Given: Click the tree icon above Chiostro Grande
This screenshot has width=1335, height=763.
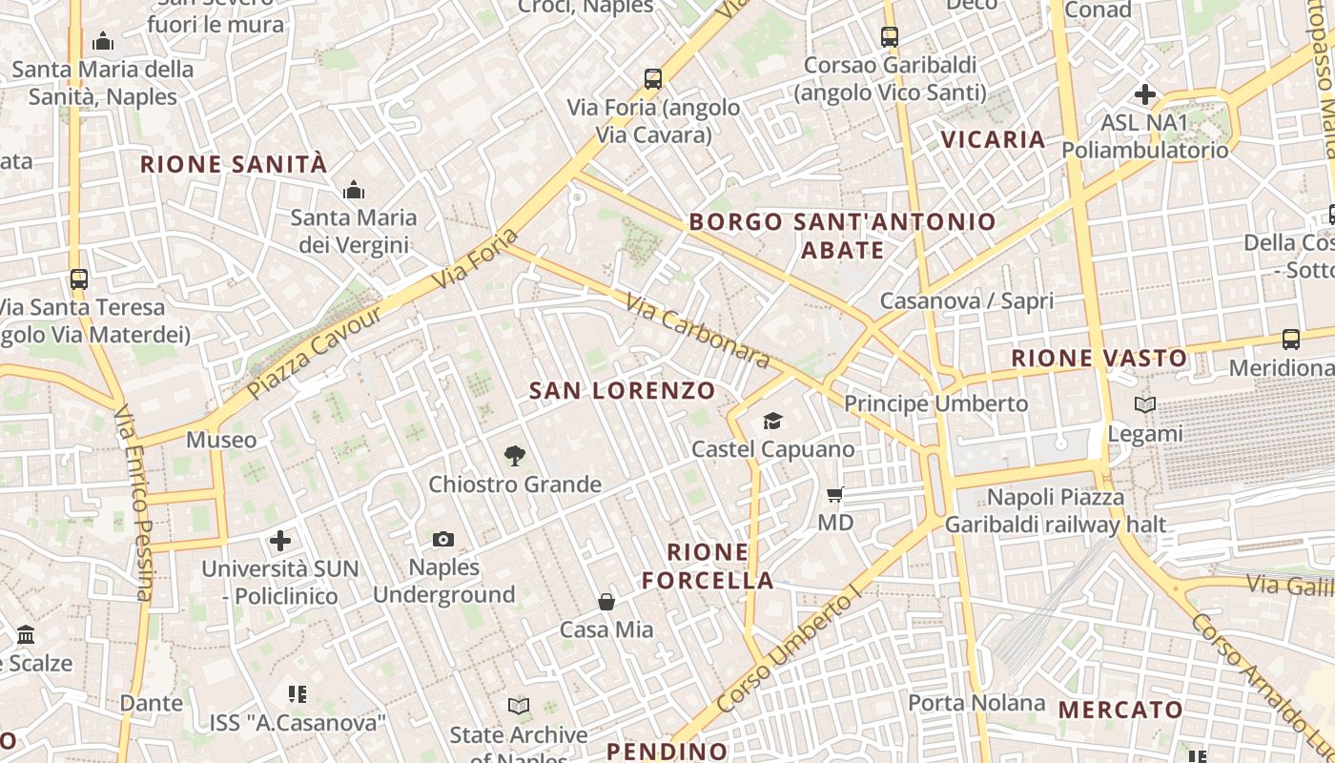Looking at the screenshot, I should click(515, 455).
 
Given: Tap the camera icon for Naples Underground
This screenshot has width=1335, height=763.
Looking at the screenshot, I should click(443, 540).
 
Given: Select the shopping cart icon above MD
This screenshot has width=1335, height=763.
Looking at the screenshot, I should click(835, 494).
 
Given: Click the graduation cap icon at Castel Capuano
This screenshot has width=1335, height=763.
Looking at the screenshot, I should click(772, 421).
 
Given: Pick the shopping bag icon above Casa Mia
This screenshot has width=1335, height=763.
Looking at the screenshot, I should click(606, 601).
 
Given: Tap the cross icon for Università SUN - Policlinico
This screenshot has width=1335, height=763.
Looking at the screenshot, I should click(280, 541).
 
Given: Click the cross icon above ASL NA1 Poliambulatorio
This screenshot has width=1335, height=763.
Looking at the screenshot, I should click(1145, 94).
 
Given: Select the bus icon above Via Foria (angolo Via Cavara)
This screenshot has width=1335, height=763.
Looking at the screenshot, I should click(653, 79).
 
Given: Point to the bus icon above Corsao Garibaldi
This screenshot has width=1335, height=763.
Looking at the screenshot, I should click(890, 37).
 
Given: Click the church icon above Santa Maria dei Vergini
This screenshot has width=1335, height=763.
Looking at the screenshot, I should click(354, 190).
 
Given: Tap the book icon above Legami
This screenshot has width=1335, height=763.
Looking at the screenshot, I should click(1145, 404).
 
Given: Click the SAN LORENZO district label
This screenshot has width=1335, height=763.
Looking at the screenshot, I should click(622, 390).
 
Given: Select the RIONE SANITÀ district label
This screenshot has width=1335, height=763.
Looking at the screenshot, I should click(234, 164).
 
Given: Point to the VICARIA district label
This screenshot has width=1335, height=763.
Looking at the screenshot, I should click(994, 139).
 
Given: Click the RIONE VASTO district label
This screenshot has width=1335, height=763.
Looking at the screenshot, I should click(1099, 359).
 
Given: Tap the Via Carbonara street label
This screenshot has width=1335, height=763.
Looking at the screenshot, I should click(698, 331).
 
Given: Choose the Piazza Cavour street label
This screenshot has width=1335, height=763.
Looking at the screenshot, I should click(314, 352).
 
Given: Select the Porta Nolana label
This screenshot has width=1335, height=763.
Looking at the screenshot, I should click(976, 703).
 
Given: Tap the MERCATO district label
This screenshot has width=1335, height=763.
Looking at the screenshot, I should click(1120, 710).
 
